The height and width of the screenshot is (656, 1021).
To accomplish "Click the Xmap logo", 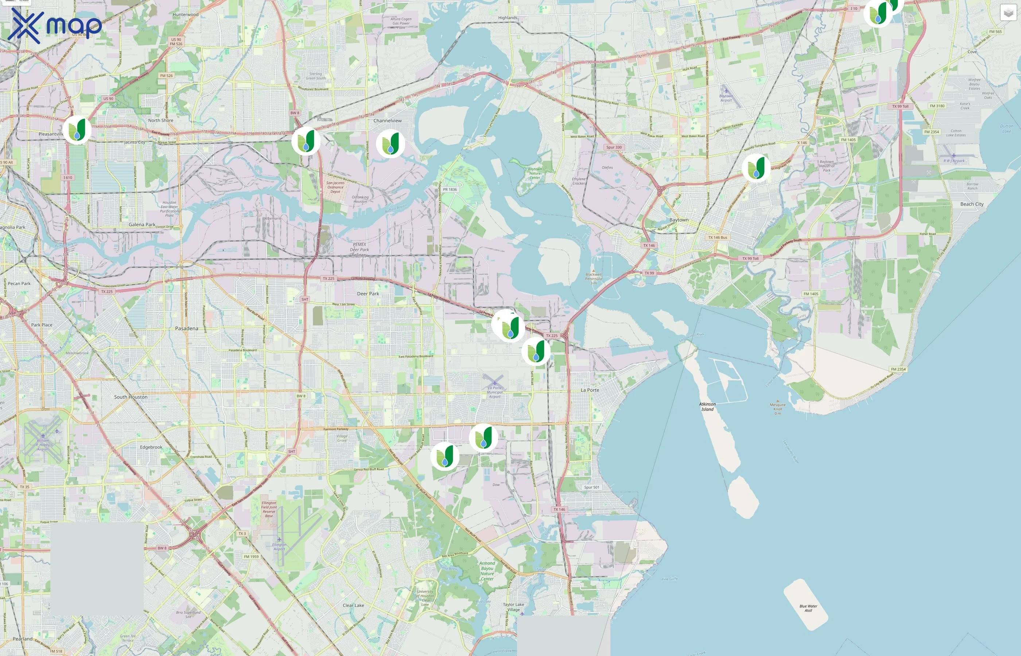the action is point(55,26).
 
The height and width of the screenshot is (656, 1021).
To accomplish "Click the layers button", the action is point(1008,13).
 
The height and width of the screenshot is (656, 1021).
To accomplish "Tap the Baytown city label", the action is point(679,220).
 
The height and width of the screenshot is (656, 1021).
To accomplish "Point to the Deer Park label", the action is point(368,294).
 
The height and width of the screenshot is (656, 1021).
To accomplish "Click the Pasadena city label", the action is point(187,328).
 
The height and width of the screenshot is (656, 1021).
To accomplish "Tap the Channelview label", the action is point(387,121).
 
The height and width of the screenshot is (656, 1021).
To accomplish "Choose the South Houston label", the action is point(131,397).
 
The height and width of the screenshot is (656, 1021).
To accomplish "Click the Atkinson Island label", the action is point(707,406).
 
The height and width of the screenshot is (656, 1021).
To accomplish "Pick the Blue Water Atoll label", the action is point(808,608).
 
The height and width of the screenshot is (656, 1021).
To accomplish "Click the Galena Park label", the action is point(142,224).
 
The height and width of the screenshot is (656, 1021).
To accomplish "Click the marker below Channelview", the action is point(390,144).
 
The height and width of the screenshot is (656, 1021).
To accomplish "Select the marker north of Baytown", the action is point(756,168).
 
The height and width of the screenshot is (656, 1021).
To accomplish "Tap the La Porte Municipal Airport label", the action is point(494,392).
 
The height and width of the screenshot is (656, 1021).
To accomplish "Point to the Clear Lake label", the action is point(353,605).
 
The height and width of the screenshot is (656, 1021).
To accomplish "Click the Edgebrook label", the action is point(151,447).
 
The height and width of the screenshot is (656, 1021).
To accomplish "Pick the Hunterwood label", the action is point(185,15).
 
